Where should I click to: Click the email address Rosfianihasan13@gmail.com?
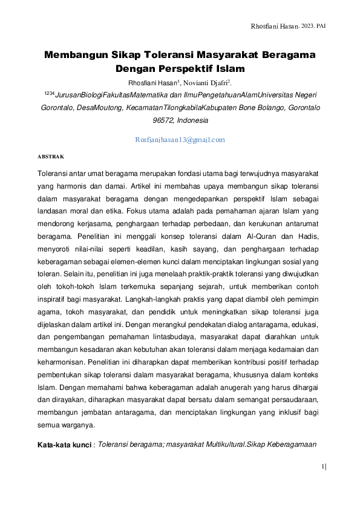click(180, 140)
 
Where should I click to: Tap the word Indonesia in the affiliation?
click(192, 120)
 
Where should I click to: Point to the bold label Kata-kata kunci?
click(64, 445)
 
